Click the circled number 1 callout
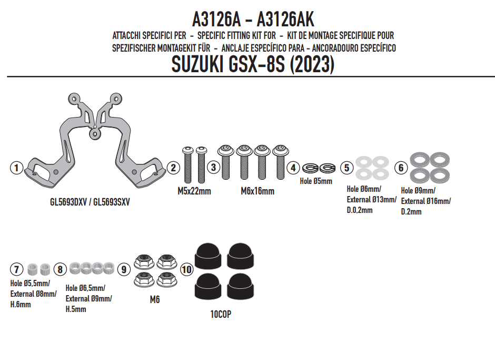point(16,168)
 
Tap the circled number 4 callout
point(293,168)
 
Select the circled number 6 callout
point(401,168)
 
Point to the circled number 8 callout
point(61,269)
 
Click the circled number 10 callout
point(186,270)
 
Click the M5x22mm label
point(194,191)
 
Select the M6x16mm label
point(258,191)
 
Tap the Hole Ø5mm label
point(316,181)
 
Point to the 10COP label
point(221,315)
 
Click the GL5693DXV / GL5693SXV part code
point(90,202)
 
